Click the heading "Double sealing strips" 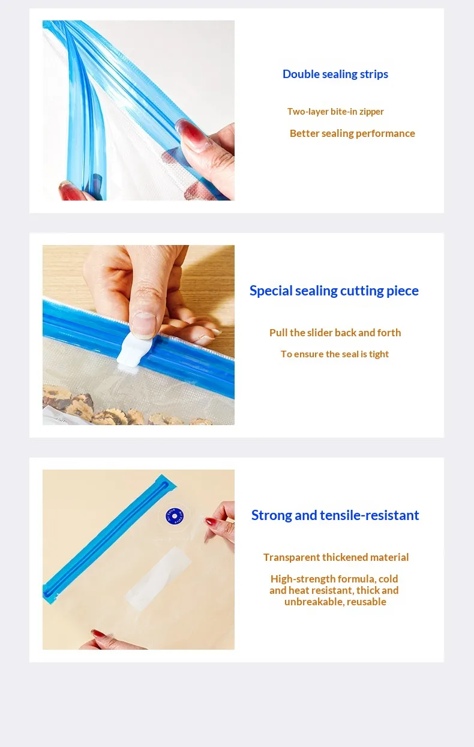tap(335, 74)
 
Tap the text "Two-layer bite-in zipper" tap(335, 111)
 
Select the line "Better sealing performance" tap(352, 133)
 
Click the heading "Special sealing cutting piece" tap(334, 291)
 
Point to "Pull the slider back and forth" tap(335, 333)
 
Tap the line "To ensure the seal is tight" tap(335, 354)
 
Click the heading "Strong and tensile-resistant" tap(335, 515)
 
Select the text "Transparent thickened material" tap(336, 557)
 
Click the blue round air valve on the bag tap(174, 516)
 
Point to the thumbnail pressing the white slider tap(143, 325)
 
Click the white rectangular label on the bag tap(158, 579)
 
